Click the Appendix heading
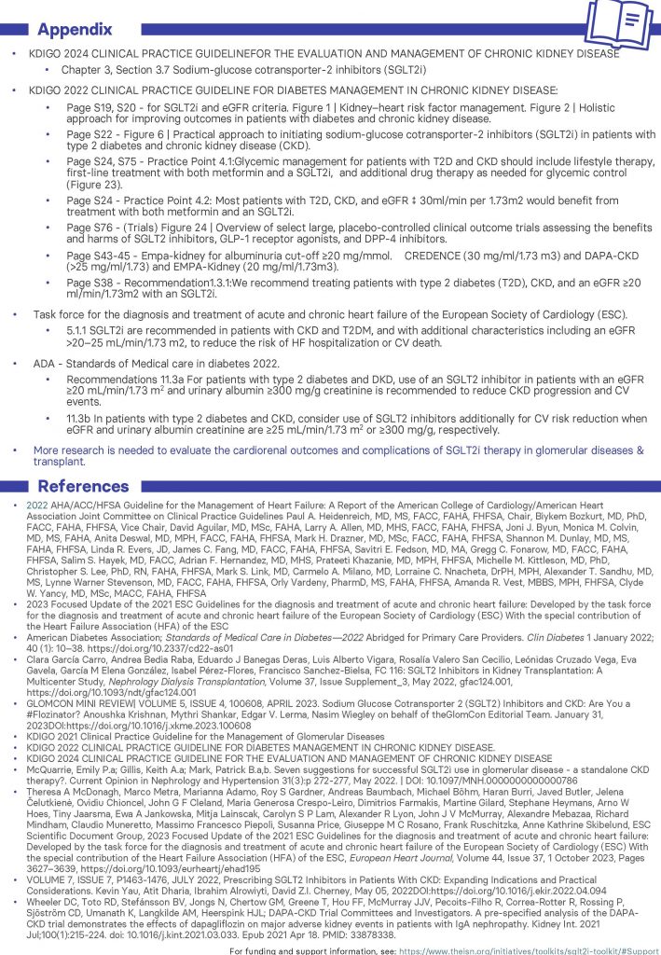click(x=74, y=28)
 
